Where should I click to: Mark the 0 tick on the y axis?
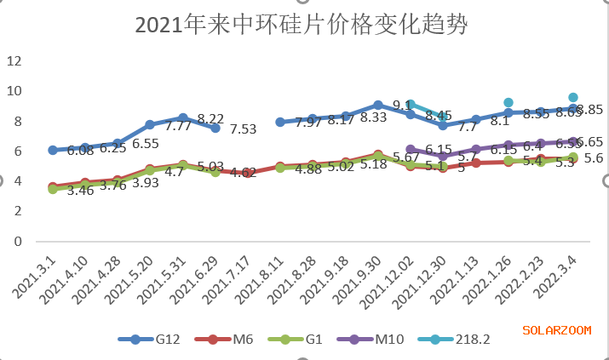(16, 241)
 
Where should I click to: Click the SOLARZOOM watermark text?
(557, 329)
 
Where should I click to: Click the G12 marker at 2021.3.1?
(53, 150)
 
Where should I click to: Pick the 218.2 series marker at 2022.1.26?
(508, 102)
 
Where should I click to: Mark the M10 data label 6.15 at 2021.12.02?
(439, 150)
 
